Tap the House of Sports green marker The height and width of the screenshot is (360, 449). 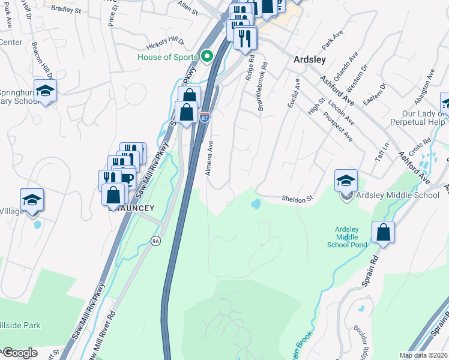click(208, 57)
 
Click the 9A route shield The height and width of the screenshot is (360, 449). click(156, 241)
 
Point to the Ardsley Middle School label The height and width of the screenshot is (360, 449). click(399, 195)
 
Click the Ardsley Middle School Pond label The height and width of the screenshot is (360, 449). click(346, 237)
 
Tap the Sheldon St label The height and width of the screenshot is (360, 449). click(298, 198)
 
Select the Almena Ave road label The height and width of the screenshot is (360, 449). click(210, 158)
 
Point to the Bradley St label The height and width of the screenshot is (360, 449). click(83, 10)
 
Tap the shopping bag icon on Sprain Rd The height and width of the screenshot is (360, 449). click(383, 233)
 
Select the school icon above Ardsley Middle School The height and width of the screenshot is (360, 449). click(346, 179)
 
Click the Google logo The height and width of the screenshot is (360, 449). click(20, 353)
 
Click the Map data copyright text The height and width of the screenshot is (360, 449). click(424, 355)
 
